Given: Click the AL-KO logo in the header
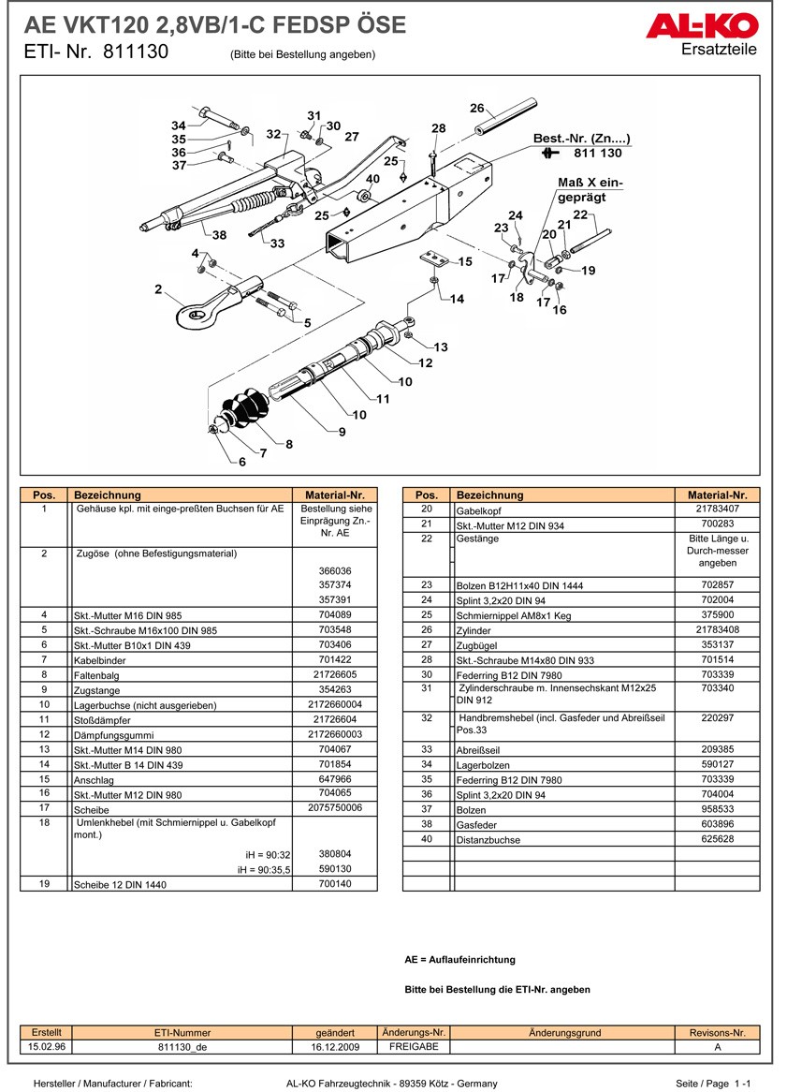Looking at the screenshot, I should pyautogui.click(x=701, y=25).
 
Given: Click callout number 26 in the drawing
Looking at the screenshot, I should pyautogui.click(x=476, y=107).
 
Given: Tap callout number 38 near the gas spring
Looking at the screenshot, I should pyautogui.click(x=218, y=235).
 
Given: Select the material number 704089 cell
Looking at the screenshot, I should pyautogui.click(x=335, y=615).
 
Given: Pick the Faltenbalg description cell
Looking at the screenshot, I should pyautogui.click(x=98, y=676).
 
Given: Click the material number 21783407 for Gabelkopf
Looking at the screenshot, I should pyautogui.click(x=717, y=509).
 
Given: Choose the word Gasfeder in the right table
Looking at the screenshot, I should pyautogui.click(x=476, y=826).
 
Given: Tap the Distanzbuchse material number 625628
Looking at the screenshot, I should pyautogui.click(x=717, y=840).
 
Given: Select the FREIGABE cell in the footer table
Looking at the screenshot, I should pyautogui.click(x=413, y=1047).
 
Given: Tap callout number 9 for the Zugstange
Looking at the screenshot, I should pyautogui.click(x=342, y=432).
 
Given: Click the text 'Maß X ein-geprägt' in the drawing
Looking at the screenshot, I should pyautogui.click(x=590, y=190).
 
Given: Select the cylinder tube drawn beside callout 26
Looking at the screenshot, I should pyautogui.click(x=504, y=118).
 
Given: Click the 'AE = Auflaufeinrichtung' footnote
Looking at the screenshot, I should pyautogui.click(x=459, y=960).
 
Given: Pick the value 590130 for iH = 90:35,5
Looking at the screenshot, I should pyautogui.click(x=335, y=869).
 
